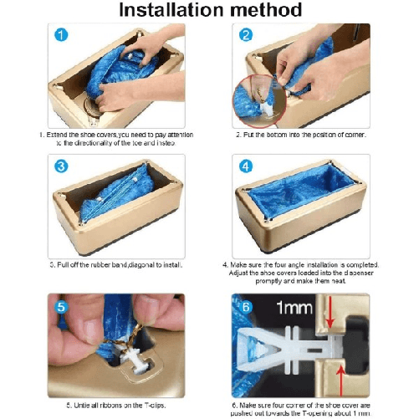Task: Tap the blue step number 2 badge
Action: coord(246,36)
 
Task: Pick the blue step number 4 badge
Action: coord(246,166)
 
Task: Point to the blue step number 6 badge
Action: coord(246,306)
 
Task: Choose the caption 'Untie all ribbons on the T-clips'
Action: coord(116,406)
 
